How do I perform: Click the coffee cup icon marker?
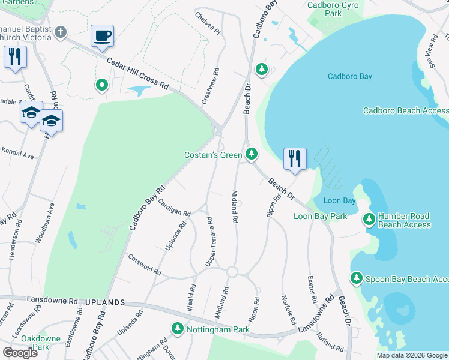click(102, 36)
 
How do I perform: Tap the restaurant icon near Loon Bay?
click(295, 159)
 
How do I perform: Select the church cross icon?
click(61, 32)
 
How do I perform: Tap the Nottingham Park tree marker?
click(178, 329)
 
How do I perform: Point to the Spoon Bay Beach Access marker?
click(357, 278)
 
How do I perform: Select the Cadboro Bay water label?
click(350, 76)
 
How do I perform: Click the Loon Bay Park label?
click(320, 216)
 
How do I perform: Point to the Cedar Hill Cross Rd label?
click(137, 74)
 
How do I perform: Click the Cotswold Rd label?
click(145, 265)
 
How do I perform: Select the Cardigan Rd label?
click(174, 208)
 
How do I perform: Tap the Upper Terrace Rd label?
click(210, 242)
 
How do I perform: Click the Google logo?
click(20, 352)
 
